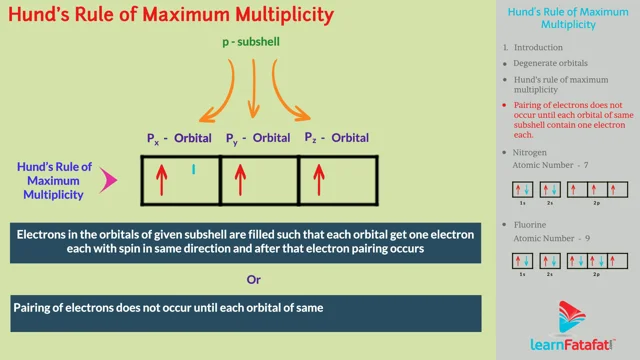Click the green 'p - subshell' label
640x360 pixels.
coord(253,43)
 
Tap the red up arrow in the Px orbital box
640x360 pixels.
coord(159,180)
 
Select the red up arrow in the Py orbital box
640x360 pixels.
coord(239,180)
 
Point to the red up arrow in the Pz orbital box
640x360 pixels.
coord(319,180)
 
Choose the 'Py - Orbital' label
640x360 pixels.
coord(258,136)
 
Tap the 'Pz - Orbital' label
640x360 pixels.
coord(337,136)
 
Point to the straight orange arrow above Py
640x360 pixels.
coord(252,90)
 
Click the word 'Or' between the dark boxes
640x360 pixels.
coord(254,278)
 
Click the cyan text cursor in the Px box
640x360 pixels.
coord(193,169)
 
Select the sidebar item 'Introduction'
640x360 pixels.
coord(539,47)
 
